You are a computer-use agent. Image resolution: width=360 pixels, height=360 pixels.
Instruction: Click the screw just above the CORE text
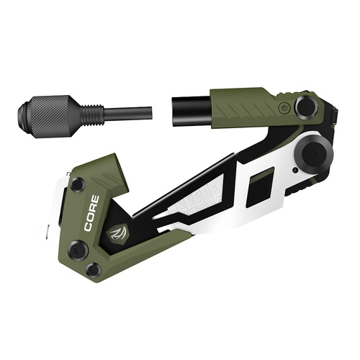coord(78,185)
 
